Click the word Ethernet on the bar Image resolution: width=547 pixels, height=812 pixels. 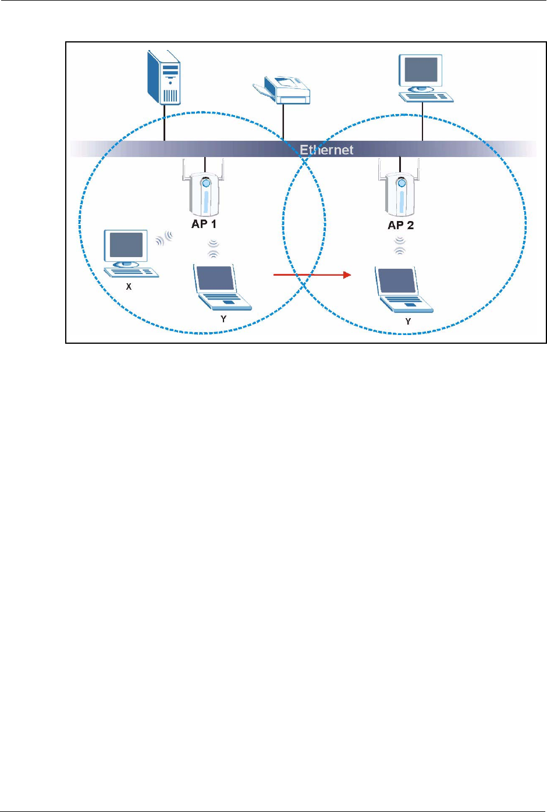tap(326, 150)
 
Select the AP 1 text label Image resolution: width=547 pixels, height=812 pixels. tap(204, 224)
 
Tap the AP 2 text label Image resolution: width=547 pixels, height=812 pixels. tap(400, 225)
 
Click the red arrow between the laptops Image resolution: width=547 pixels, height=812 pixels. tap(312, 275)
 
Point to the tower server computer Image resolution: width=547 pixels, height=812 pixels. tap(164, 77)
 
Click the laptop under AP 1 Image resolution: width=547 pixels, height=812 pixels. tap(221, 287)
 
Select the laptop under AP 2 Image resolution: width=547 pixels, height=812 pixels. tap(403, 290)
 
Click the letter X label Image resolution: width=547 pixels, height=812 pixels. tap(129, 287)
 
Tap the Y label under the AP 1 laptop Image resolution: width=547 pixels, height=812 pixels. tap(223, 319)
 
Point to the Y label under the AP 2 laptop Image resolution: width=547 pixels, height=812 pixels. tap(408, 321)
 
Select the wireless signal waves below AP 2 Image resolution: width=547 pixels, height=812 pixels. tap(399, 247)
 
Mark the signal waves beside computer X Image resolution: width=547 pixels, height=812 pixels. tap(165, 237)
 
